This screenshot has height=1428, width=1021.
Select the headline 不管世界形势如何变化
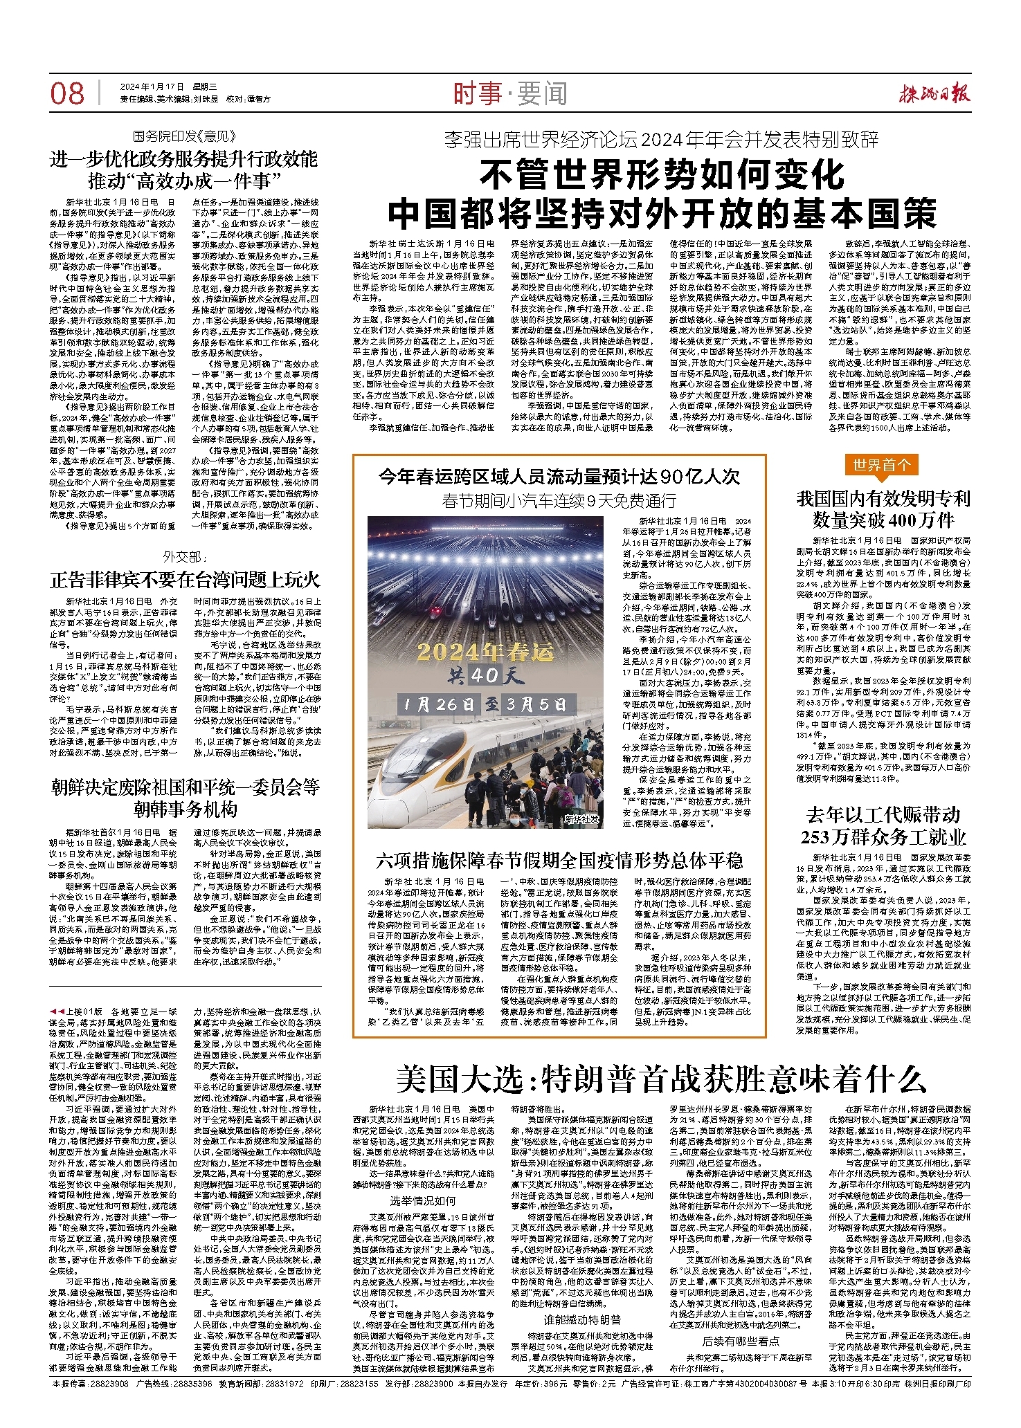click(662, 176)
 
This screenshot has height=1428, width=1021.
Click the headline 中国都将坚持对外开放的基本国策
click(662, 215)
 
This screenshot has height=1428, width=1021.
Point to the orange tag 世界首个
click(881, 465)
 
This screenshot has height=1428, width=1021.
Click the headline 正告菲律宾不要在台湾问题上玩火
click(185, 580)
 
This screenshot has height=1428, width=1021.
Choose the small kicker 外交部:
click(185, 557)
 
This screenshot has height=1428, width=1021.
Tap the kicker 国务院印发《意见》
click(185, 136)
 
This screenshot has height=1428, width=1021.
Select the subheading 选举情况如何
click(422, 1200)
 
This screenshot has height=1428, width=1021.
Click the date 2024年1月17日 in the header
click(152, 87)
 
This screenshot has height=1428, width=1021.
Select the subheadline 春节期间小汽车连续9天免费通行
click(559, 501)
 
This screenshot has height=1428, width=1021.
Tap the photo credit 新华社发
click(582, 819)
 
